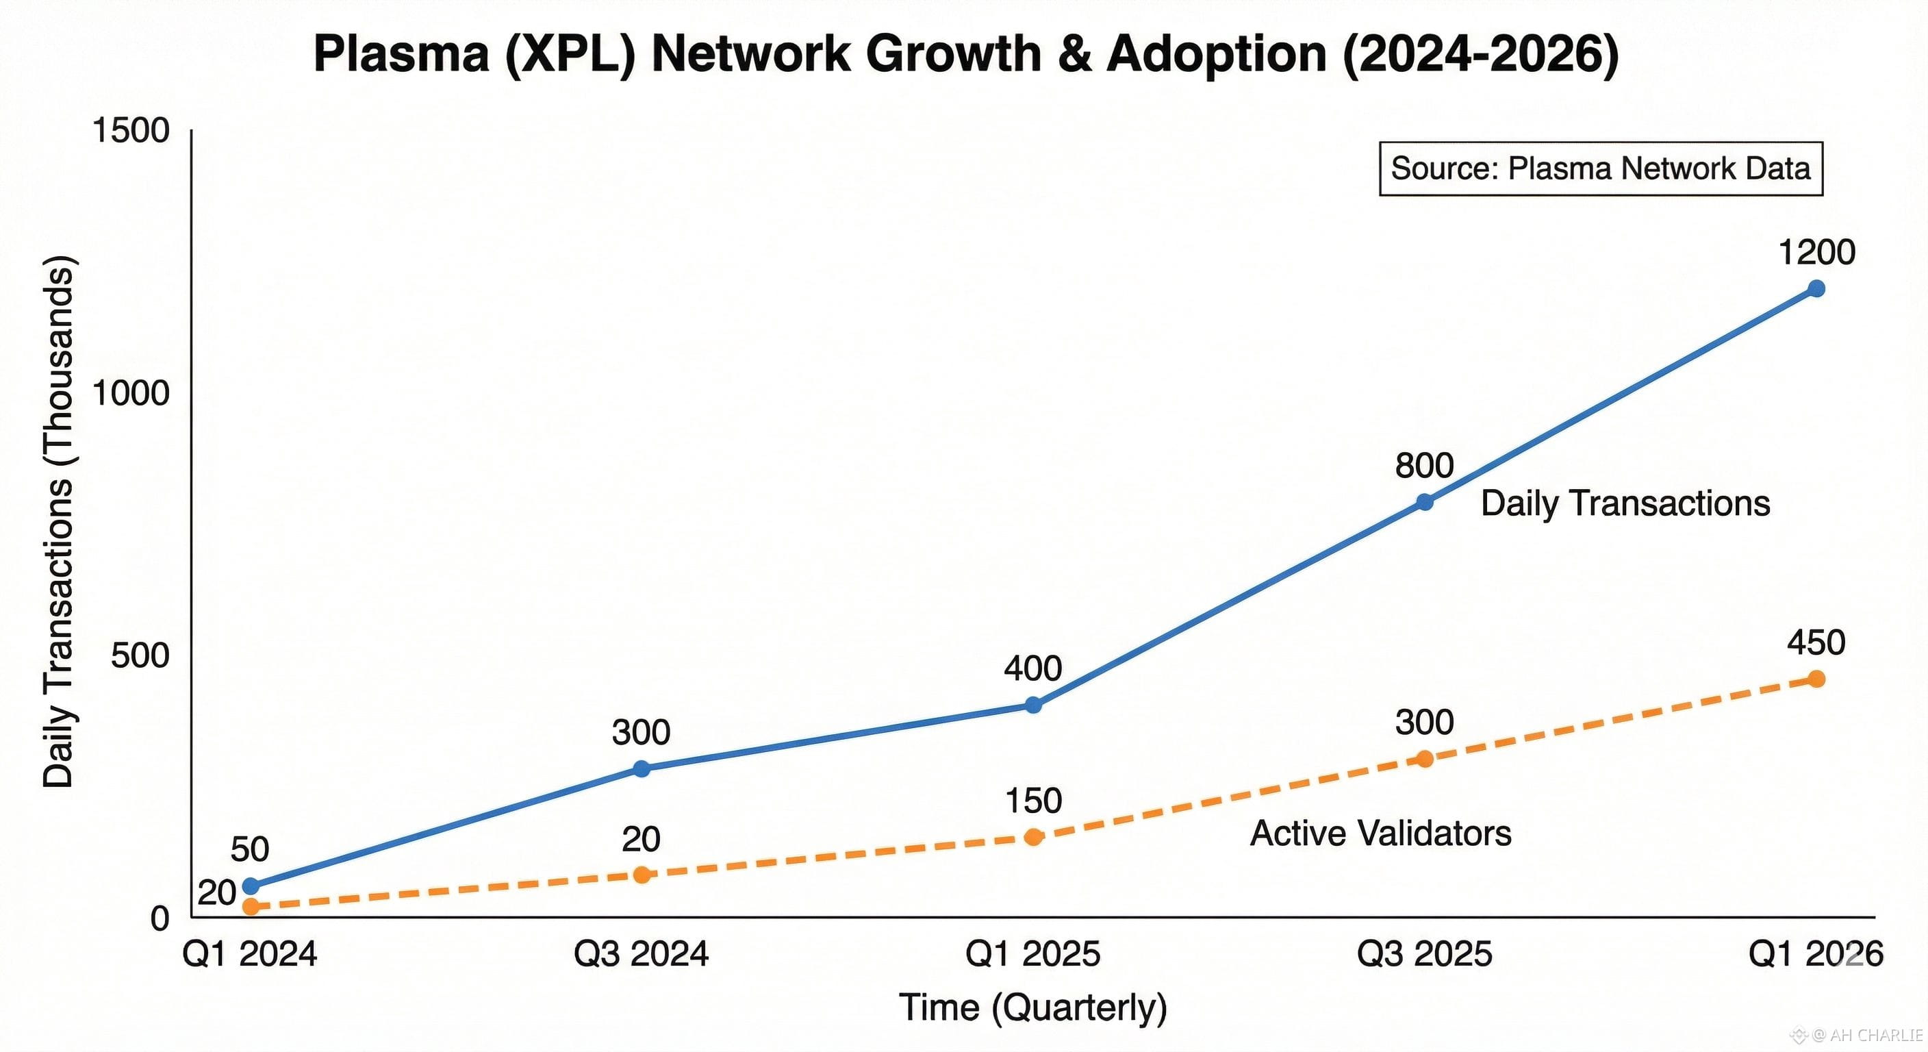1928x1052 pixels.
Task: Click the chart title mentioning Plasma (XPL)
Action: coord(965,54)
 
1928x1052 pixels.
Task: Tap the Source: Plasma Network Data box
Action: coord(1600,168)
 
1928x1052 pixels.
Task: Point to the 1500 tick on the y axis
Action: coord(130,130)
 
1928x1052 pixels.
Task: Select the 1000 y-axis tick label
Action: coord(130,393)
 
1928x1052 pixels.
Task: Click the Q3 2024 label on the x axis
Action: coord(641,954)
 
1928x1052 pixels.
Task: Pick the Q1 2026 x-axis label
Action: coord(1815,954)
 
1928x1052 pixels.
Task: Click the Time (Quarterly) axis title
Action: coord(1033,1007)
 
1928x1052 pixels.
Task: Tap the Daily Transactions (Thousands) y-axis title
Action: coord(58,521)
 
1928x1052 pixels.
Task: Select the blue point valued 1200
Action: coord(1816,288)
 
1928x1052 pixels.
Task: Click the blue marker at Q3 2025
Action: coord(1425,501)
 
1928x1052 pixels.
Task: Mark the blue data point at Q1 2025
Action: coord(1033,705)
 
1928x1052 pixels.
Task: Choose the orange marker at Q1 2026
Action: coord(1816,678)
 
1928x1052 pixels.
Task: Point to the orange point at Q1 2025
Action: coord(1033,836)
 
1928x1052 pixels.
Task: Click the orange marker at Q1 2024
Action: coord(251,907)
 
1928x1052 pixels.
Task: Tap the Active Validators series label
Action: coord(1380,834)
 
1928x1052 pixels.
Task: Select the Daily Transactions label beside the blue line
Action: coord(1625,503)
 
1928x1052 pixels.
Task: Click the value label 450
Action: coord(1816,642)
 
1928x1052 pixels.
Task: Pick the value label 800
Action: coord(1423,466)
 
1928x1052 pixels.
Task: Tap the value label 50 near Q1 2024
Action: coord(249,849)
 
